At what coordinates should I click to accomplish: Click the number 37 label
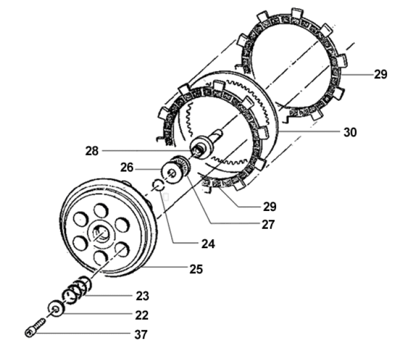141,334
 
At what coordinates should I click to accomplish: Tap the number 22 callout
141,315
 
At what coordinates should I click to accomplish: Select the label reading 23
142,296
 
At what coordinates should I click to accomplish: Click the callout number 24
207,244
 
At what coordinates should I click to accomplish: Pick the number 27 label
267,224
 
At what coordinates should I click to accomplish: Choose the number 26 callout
128,168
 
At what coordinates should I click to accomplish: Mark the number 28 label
92,151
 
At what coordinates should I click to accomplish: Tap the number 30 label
350,132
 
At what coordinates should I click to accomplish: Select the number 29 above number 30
380,75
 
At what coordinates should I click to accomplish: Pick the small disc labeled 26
171,173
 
